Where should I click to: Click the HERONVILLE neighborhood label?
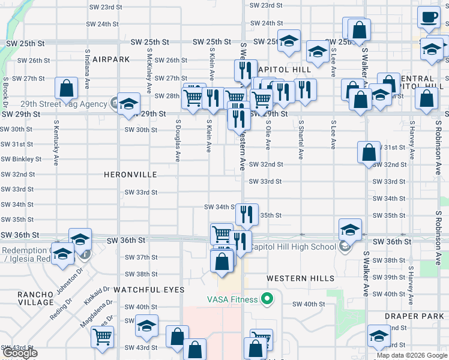130,175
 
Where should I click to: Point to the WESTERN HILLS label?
300,278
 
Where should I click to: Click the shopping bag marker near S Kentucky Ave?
66,88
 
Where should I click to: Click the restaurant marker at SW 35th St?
246,214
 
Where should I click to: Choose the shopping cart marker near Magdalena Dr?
102,337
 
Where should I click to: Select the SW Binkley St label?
22,160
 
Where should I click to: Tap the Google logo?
20,353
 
